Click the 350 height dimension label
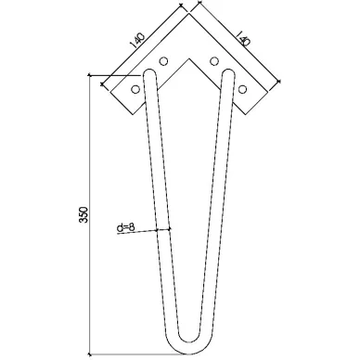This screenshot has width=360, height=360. coord(84,214)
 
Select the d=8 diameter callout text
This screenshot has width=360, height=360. coord(126,228)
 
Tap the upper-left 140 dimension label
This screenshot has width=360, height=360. coord(137,40)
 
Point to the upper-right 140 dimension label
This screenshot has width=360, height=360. coord(242,38)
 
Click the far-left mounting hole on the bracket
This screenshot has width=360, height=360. coord(135,89)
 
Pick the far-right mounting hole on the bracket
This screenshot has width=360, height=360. coord(243,89)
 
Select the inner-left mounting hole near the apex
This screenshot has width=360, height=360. coord(163,61)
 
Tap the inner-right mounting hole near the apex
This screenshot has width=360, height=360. coord(214,61)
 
